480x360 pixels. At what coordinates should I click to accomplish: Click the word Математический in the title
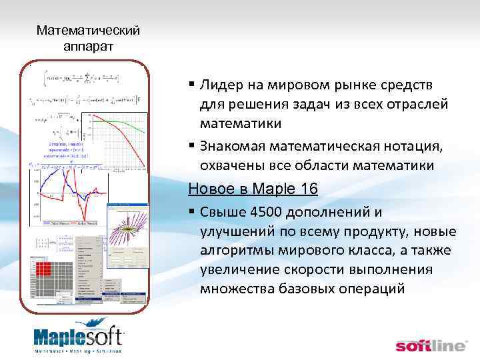[x=88, y=31]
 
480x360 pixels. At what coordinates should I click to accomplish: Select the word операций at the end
[x=382, y=289]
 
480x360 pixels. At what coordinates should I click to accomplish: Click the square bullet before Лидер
[x=191, y=85]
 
